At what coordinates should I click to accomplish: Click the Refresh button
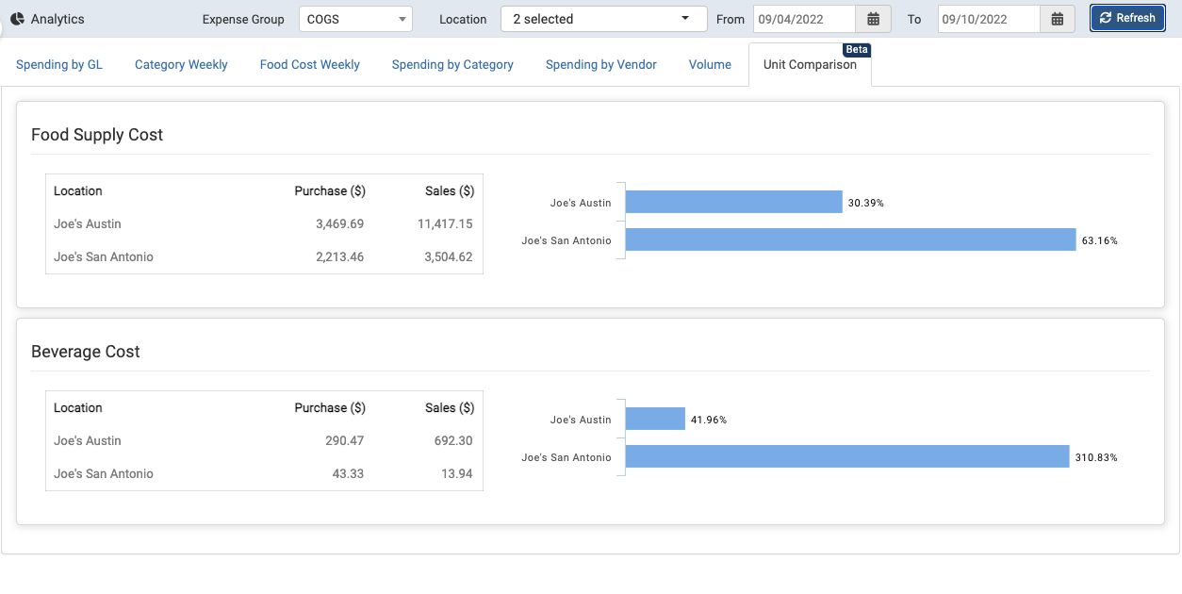1127,18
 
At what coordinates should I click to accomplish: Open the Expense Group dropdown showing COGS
355,19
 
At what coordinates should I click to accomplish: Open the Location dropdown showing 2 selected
603,19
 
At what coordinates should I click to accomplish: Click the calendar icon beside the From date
873,19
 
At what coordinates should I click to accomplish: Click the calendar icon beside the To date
1058,19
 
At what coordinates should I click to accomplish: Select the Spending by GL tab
59,65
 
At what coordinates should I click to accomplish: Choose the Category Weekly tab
181,65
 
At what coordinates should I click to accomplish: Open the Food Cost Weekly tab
310,65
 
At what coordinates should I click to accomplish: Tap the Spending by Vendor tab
601,65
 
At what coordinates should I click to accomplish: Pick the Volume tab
710,65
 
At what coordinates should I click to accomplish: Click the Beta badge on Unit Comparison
856,49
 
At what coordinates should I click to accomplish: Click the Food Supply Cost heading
97,135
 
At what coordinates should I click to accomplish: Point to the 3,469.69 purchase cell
339,224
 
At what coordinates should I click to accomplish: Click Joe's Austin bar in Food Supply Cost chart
733,202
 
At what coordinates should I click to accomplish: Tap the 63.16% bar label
1099,240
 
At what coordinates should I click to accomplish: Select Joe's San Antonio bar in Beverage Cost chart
846,456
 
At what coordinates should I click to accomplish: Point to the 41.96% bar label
709,420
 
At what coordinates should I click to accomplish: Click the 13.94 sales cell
456,474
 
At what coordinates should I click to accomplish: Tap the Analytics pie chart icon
17,19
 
